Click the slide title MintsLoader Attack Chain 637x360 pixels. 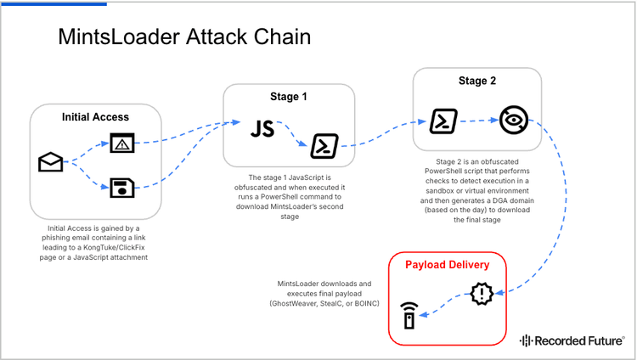tap(183, 37)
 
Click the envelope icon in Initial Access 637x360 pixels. tap(51, 162)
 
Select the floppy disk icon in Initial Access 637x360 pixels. tap(123, 186)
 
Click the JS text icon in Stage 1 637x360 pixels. tap(262, 129)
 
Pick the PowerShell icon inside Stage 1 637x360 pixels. tap(324, 146)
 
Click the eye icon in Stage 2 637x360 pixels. tap(512, 121)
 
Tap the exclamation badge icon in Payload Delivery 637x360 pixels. tap(482, 294)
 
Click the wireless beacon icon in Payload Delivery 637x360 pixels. tap(409, 315)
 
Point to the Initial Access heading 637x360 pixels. tap(96, 117)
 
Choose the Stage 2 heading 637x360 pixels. tap(478, 82)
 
